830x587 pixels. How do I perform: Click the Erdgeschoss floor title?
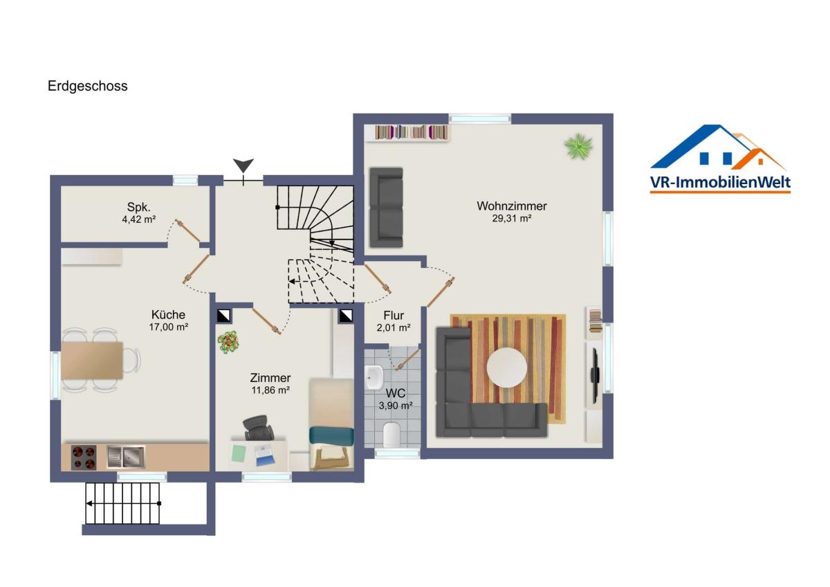pos(87,87)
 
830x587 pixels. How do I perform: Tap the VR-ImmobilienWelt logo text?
pos(720,183)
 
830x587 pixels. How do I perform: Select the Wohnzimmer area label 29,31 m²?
pos(512,219)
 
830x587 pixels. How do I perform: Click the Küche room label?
pos(168,314)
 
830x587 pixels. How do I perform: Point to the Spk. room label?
pos(138,207)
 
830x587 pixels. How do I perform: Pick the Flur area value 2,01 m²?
pos(394,328)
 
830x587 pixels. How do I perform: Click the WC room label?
pos(396,393)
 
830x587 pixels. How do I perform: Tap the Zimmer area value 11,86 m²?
pos(270,390)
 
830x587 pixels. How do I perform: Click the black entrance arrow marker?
pos(243,165)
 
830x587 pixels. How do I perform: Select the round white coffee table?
pos(507,368)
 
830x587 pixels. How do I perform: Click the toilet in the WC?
pos(392,434)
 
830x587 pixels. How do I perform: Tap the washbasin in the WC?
pos(374,377)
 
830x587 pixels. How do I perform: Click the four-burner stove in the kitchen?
pos(84,458)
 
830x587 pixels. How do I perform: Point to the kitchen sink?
pos(126,457)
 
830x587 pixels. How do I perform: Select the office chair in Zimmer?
pos(257,428)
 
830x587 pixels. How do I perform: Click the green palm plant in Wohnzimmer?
pos(578,147)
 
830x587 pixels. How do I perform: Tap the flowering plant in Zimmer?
pos(228,342)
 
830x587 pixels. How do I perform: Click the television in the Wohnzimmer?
pos(595,376)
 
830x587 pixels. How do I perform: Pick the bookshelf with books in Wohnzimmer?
pos(412,133)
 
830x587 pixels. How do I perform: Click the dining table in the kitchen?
pos(92,361)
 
